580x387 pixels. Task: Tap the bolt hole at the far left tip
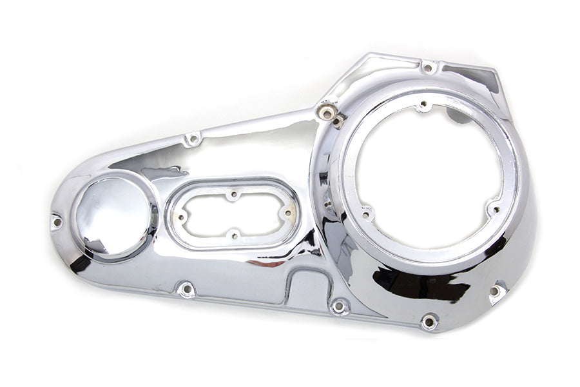(57, 221)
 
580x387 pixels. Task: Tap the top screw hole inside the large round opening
(423, 104)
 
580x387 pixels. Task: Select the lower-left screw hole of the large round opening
(367, 212)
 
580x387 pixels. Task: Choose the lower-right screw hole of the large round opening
(494, 207)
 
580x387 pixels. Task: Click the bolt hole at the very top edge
(428, 66)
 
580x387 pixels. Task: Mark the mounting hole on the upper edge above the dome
(191, 139)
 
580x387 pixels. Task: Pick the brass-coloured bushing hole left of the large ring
(328, 113)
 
